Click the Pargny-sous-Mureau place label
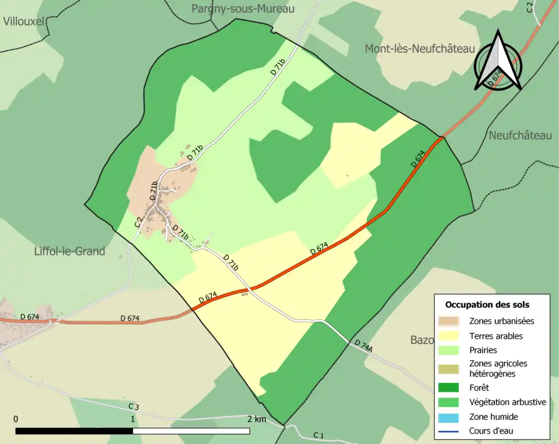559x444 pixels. pyautogui.click(x=243, y=9)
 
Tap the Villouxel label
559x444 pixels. pyautogui.click(x=23, y=22)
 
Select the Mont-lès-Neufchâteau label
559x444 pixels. pyautogui.click(x=420, y=49)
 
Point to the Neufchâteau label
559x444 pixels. pyautogui.click(x=520, y=136)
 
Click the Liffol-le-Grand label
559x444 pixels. pyautogui.click(x=69, y=251)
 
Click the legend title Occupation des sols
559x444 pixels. pyautogui.click(x=487, y=304)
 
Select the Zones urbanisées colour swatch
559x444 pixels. pyautogui.click(x=452, y=321)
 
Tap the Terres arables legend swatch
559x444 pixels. pyautogui.click(x=452, y=336)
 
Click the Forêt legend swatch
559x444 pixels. pyautogui.click(x=452, y=388)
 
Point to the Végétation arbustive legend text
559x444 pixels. pyautogui.click(x=507, y=402)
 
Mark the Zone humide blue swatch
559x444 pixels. pyautogui.click(x=452, y=417)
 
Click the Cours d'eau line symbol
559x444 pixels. pyautogui.click(x=452, y=431)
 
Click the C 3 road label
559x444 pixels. pyautogui.click(x=134, y=406)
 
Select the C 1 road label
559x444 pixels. pyautogui.click(x=319, y=435)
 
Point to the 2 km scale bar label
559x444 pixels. pyautogui.click(x=256, y=419)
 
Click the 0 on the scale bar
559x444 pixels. pyautogui.click(x=16, y=419)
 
